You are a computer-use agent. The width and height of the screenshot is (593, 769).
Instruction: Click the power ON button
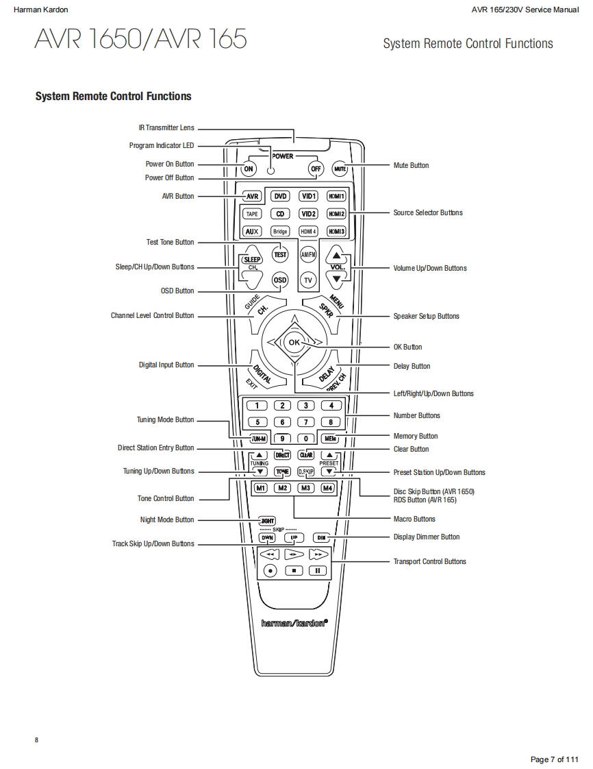[x=249, y=169]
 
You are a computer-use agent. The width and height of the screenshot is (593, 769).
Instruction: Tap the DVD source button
[x=281, y=196]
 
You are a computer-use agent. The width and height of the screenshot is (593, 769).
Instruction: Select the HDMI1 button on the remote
[x=336, y=196]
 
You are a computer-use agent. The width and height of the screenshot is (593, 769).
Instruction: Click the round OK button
[x=294, y=341]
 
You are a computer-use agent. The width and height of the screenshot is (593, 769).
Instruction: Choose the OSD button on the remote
[x=280, y=280]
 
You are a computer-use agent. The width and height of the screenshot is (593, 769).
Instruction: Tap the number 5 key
[x=257, y=422]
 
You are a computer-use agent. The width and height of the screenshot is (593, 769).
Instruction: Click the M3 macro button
[x=306, y=488]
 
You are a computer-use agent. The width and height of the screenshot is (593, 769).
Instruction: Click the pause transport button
[x=317, y=570]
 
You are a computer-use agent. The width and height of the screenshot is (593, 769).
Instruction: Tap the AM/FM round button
[x=308, y=255]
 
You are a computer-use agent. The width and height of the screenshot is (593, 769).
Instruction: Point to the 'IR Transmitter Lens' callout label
[x=166, y=128]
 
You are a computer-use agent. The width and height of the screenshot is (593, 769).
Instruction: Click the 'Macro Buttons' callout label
[x=414, y=519]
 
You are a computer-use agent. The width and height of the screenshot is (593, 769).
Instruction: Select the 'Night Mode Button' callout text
[x=167, y=520]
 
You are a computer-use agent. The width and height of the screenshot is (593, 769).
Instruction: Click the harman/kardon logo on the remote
[x=294, y=623]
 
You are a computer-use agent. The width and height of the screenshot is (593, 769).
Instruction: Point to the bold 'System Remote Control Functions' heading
[x=114, y=97]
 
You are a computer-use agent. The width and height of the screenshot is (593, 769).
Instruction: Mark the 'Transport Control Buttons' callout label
[x=429, y=561]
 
